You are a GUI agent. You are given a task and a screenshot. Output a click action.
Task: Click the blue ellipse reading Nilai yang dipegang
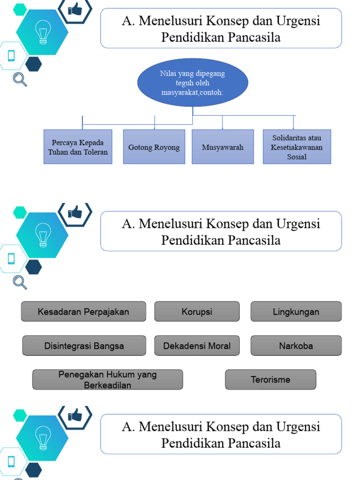[x=193, y=82]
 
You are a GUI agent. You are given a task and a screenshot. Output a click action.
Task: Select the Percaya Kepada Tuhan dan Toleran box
[x=78, y=147]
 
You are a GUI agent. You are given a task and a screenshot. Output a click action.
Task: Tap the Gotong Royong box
[x=154, y=147]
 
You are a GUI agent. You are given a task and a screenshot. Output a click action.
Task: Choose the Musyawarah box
[x=223, y=147]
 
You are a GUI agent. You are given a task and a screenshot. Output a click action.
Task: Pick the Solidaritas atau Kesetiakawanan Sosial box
[x=297, y=147]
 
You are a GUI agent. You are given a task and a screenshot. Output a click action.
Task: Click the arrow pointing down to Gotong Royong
[x=154, y=122]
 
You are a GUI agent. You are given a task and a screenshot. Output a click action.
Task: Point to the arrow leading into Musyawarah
[x=222, y=122]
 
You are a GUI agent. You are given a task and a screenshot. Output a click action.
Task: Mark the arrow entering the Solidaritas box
[x=293, y=122]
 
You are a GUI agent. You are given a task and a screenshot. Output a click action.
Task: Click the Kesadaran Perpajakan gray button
[x=83, y=312]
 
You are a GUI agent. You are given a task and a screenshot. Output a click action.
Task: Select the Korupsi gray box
[x=197, y=312]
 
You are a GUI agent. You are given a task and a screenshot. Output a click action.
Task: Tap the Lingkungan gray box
[x=296, y=312]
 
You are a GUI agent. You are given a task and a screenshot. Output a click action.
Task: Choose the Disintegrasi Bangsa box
[x=84, y=346]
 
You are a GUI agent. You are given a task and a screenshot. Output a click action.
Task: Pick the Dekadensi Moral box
[x=197, y=346]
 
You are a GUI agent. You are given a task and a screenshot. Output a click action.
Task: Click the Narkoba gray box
[x=296, y=346]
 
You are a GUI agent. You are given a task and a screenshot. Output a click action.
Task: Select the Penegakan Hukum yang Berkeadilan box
[x=107, y=380]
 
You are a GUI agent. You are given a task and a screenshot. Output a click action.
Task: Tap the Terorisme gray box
[x=270, y=380]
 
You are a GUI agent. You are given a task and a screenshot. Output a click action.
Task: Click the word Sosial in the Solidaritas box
[x=297, y=157]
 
